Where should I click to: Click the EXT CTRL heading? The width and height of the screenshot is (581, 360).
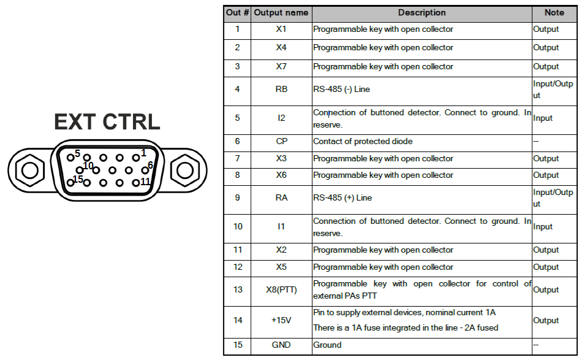pyautogui.click(x=107, y=121)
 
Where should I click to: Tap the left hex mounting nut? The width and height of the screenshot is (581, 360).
pyautogui.click(x=30, y=170)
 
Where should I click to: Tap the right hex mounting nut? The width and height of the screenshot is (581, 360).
pyautogui.click(x=185, y=170)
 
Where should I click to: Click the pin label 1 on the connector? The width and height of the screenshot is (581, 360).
pyautogui.click(x=143, y=153)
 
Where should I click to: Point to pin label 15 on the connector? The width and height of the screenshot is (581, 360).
pyautogui.click(x=78, y=179)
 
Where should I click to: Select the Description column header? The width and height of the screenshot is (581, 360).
pyautogui.click(x=422, y=13)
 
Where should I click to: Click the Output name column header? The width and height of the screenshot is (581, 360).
pyautogui.click(x=281, y=13)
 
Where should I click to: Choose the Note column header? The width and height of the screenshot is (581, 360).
pyautogui.click(x=554, y=13)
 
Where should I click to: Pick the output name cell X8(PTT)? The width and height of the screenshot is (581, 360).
pyautogui.click(x=281, y=289)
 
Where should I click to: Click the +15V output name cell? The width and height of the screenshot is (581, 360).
pyautogui.click(x=281, y=320)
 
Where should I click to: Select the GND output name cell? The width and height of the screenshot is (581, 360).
pyautogui.click(x=281, y=345)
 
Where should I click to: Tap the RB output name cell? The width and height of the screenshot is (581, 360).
pyautogui.click(x=281, y=89)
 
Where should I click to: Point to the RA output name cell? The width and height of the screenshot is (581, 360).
pyautogui.click(x=281, y=197)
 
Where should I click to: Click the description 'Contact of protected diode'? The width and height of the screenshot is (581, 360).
pyautogui.click(x=363, y=141)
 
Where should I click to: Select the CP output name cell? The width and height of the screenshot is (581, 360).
pyautogui.click(x=281, y=141)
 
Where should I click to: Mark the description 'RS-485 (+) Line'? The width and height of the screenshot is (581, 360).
pyautogui.click(x=343, y=197)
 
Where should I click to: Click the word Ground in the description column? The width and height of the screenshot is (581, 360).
pyautogui.click(x=327, y=345)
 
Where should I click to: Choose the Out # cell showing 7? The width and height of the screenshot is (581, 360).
pyautogui.click(x=238, y=158)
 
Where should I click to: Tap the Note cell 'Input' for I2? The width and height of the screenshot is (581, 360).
pyautogui.click(x=543, y=118)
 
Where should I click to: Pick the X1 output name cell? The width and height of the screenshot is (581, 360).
pyautogui.click(x=281, y=29)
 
